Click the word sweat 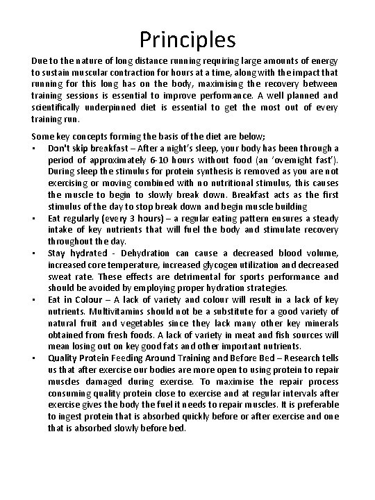pos(60,277)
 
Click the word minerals pos(319,323)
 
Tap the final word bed pos(178,428)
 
